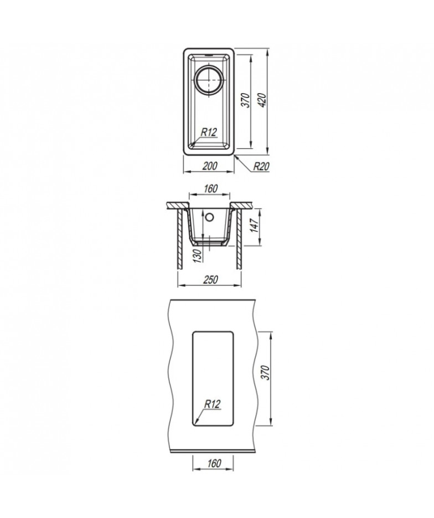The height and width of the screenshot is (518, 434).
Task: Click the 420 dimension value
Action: click(x=262, y=100)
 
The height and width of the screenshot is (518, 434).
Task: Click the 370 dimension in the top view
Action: click(x=246, y=100)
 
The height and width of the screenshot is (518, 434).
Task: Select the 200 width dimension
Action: click(x=210, y=166)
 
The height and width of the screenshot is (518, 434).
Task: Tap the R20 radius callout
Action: click(x=261, y=167)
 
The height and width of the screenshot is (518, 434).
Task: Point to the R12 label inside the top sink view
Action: click(x=209, y=132)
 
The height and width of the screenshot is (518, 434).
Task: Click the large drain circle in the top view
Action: click(x=209, y=80)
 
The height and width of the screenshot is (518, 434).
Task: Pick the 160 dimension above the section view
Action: click(x=210, y=188)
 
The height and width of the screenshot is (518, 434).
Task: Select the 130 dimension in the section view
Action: click(x=198, y=256)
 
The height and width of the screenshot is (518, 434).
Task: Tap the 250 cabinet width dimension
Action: click(x=210, y=279)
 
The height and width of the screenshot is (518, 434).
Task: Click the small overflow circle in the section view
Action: click(x=209, y=217)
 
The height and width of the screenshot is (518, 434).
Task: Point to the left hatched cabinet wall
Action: click(x=180, y=239)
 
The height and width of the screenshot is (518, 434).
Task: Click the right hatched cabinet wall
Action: click(x=239, y=239)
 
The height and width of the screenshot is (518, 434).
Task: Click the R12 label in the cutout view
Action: click(x=212, y=404)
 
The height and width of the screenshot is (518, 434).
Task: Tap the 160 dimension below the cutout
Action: click(x=214, y=464)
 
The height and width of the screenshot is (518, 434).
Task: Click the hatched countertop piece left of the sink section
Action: click(x=177, y=205)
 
